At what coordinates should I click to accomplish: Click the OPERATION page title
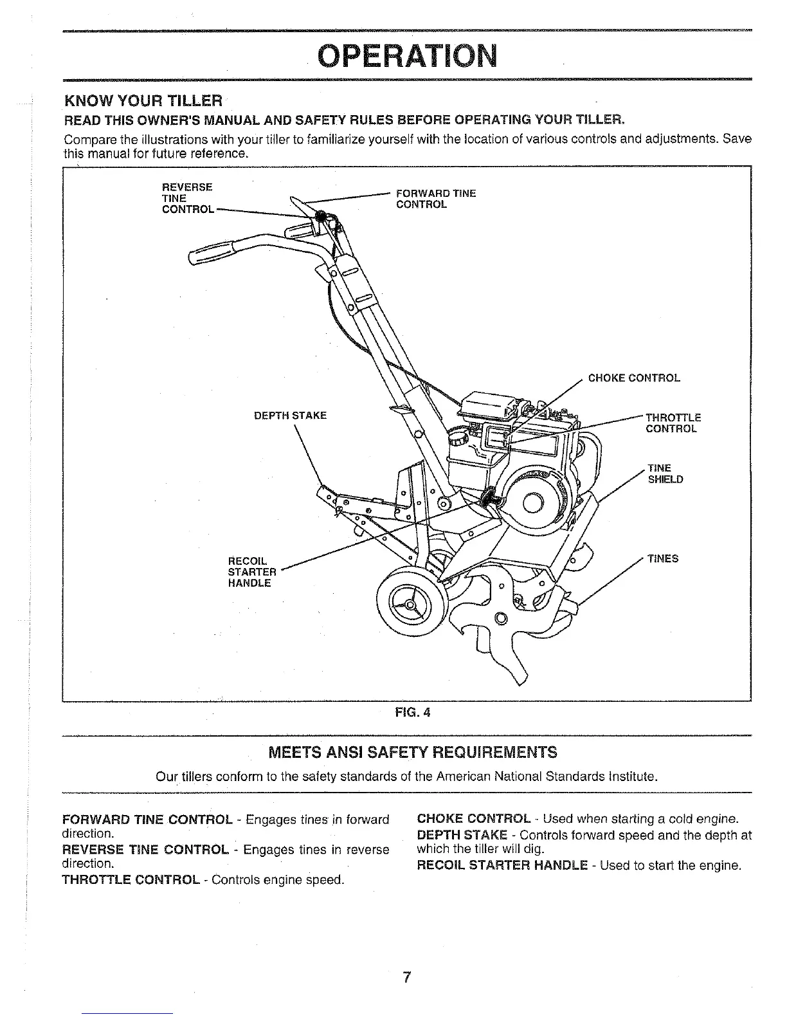point(409,57)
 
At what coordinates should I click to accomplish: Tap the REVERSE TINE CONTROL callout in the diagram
point(187,198)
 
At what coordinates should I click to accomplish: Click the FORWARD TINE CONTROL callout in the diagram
point(435,199)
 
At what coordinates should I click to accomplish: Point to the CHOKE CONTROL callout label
point(634,378)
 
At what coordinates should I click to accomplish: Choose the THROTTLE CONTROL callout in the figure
point(673,423)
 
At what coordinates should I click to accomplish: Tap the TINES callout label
point(663,558)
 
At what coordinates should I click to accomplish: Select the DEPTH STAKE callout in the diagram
point(291,415)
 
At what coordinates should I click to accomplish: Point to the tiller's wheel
point(410,605)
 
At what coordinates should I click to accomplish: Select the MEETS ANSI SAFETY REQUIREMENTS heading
point(412,752)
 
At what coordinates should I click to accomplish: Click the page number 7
point(406,978)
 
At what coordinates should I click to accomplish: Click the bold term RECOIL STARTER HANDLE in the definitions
point(502,865)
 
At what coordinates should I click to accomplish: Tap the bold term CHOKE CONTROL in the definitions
point(474,819)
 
